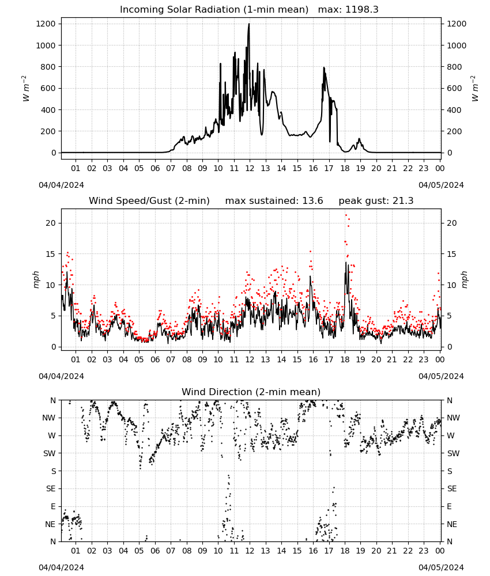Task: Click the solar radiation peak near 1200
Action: (x=249, y=24)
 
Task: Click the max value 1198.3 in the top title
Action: (x=361, y=10)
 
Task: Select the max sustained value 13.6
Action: (x=312, y=201)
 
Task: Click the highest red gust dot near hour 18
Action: (x=346, y=215)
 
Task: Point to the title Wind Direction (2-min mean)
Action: (x=251, y=392)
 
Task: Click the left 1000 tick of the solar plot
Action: (x=46, y=46)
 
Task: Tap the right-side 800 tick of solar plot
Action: (x=454, y=67)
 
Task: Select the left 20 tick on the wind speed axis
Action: (x=51, y=223)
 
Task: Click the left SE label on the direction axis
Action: (x=51, y=488)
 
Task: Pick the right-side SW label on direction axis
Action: (x=453, y=453)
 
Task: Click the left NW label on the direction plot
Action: (x=49, y=418)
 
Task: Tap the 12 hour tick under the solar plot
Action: (x=250, y=169)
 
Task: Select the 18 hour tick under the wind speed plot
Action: (x=345, y=359)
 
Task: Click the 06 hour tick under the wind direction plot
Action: (x=155, y=551)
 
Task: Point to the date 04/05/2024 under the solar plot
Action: (x=441, y=185)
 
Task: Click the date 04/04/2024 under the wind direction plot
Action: (x=61, y=567)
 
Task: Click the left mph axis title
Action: (x=36, y=279)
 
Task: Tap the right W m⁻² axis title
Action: (x=474, y=89)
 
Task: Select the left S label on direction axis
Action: (x=54, y=471)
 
